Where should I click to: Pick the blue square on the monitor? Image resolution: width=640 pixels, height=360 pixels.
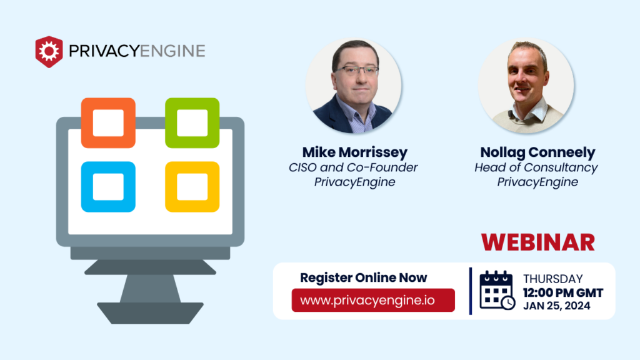pyautogui.click(x=108, y=187)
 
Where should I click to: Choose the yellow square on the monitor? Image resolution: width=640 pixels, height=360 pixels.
pyautogui.click(x=192, y=187)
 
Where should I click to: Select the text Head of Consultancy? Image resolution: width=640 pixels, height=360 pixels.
pyautogui.click(x=536, y=167)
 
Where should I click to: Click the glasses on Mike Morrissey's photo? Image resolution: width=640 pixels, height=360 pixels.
pyautogui.click(x=356, y=71)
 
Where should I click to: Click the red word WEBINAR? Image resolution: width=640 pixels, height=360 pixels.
pyautogui.click(x=537, y=242)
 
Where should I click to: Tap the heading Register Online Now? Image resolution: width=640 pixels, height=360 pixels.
pyautogui.click(x=364, y=277)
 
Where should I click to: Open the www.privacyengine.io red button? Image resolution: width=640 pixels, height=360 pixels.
pyautogui.click(x=373, y=300)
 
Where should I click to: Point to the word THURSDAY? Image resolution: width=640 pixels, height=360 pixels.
pyautogui.click(x=552, y=279)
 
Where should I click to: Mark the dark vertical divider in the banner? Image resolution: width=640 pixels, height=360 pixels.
pyautogui.click(x=470, y=291)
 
